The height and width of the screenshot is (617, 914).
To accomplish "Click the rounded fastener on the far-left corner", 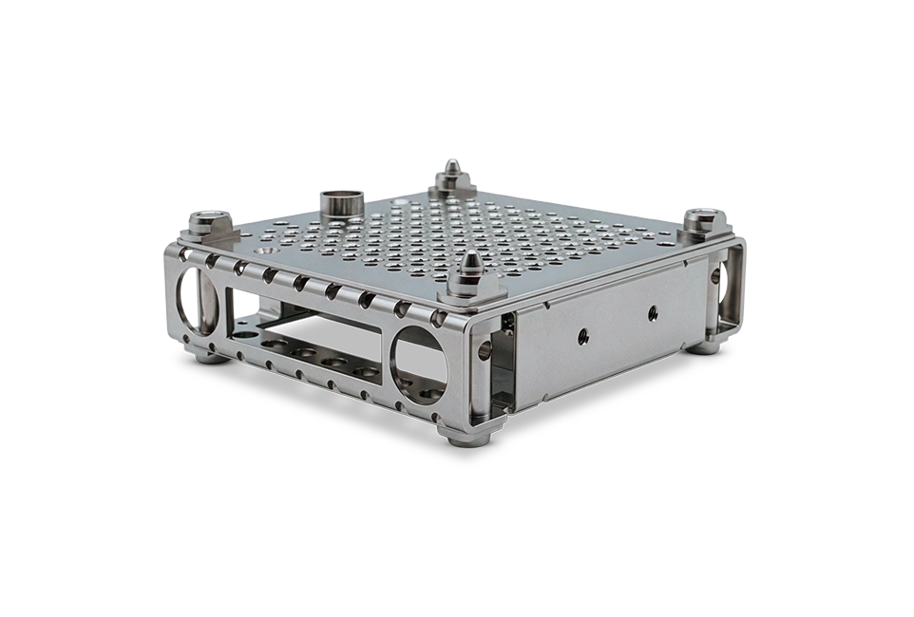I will (x=206, y=224).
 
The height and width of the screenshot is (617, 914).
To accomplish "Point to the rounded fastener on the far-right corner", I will (x=701, y=222).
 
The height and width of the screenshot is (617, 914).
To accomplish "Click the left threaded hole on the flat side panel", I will (x=581, y=335).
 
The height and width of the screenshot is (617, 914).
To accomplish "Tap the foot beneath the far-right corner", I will (x=705, y=346).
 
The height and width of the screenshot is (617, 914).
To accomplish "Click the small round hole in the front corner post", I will (x=486, y=349).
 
